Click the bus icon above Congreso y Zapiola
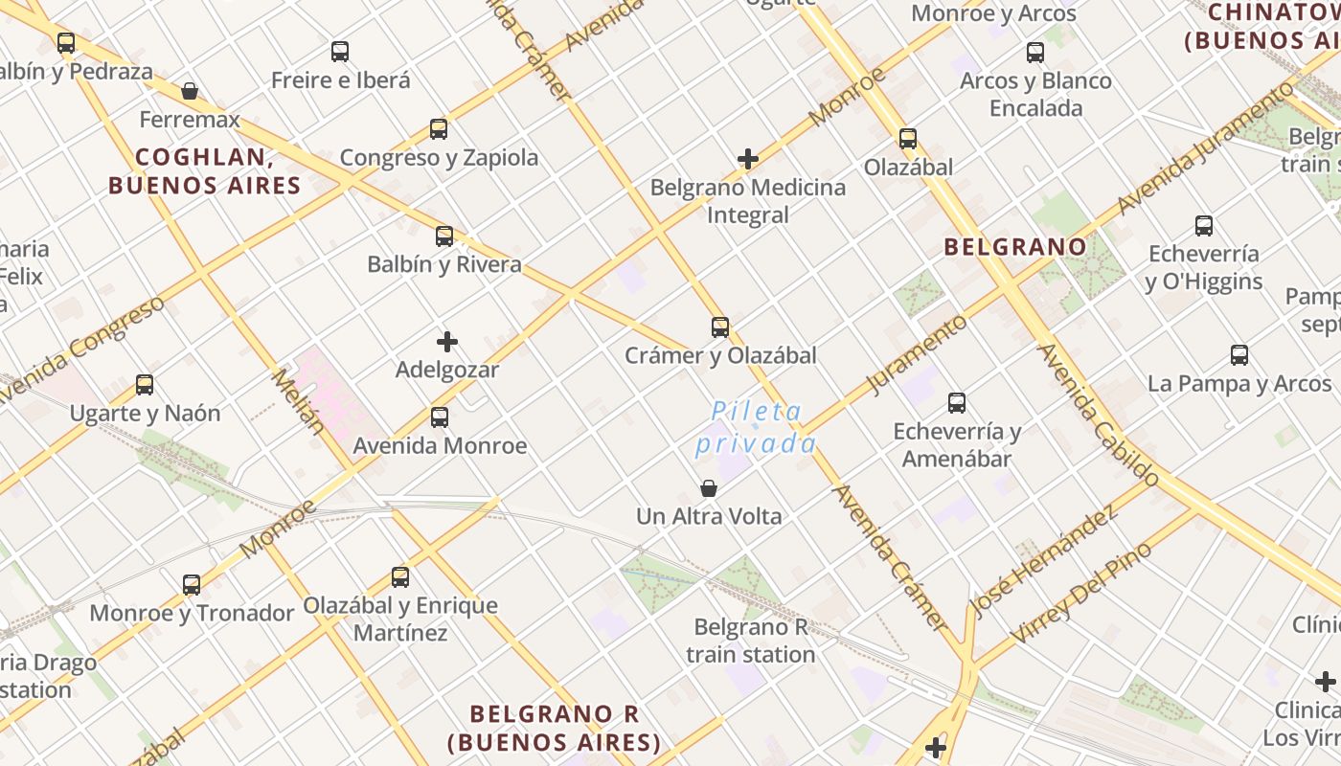(x=439, y=128)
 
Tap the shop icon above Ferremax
(x=190, y=91)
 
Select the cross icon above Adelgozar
(x=447, y=341)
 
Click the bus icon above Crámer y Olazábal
(x=720, y=327)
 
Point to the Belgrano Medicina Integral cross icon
(x=748, y=158)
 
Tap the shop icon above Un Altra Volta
(x=709, y=488)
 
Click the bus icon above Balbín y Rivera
(x=444, y=236)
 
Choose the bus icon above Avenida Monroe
(x=440, y=417)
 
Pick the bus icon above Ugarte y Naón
(x=145, y=385)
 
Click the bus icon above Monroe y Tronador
(x=192, y=584)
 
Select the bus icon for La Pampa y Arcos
(x=1239, y=355)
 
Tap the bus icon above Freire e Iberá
(x=340, y=52)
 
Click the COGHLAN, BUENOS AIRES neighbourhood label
(x=205, y=170)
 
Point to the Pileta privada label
(x=757, y=427)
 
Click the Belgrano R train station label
(x=751, y=641)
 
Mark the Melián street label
(x=298, y=402)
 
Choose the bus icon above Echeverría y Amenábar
(x=957, y=402)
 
